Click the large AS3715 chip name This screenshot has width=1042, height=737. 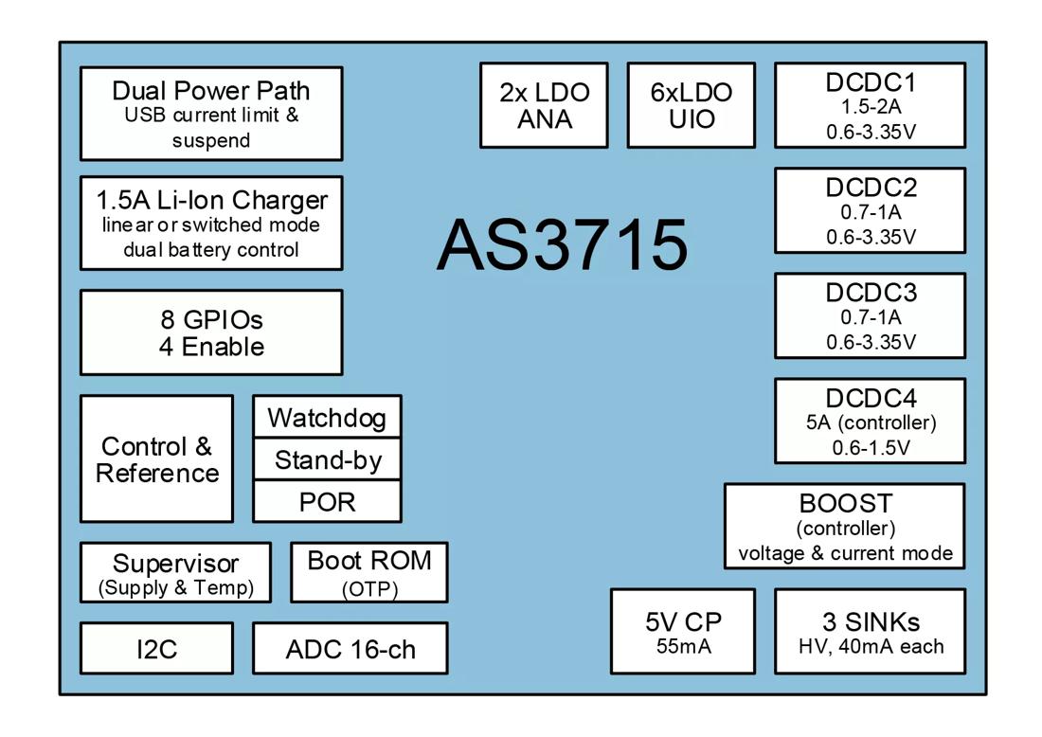562,244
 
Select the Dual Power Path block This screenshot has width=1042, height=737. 211,114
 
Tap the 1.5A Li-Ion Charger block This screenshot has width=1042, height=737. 211,223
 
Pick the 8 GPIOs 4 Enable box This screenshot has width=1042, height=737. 211,333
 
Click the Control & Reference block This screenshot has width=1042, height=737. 156,458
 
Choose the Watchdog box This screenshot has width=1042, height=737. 327,417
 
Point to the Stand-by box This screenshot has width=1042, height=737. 327,459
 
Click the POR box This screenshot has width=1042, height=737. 327,501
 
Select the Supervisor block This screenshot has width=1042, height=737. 175,572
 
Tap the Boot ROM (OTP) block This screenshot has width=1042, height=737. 368,572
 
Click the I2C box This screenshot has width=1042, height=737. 156,649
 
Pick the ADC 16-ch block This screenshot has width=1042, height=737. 350,649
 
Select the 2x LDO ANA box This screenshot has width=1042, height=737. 544,105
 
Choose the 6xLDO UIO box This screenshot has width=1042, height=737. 692,105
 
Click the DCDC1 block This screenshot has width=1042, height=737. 870,105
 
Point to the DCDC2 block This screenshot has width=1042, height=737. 870,210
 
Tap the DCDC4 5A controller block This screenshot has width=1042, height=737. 870,421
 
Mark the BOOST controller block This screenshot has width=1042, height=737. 844,527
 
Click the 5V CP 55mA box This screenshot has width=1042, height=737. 683,632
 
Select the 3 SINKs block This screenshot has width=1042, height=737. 870,632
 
